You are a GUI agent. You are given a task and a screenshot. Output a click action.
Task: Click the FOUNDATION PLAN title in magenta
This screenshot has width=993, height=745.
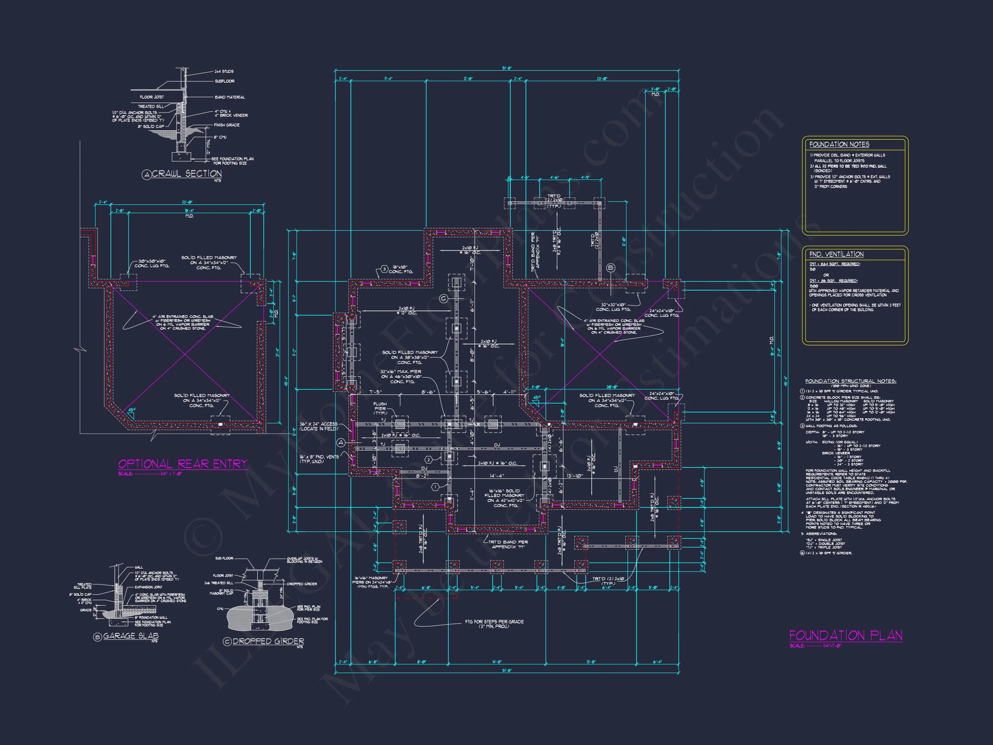(x=845, y=635)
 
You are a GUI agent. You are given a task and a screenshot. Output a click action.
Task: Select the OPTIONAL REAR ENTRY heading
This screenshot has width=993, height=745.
(x=183, y=464)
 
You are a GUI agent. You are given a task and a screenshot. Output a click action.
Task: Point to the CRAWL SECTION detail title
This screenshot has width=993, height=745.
(x=187, y=174)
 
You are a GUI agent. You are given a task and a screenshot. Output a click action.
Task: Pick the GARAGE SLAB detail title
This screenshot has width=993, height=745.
(x=131, y=636)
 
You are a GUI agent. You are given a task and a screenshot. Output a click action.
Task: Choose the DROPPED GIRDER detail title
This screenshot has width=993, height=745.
(x=268, y=641)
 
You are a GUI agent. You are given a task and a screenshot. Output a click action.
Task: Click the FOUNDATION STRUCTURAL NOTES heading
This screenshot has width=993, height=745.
(x=850, y=381)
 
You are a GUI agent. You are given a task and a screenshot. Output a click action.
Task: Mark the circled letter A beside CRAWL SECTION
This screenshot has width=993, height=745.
(x=147, y=175)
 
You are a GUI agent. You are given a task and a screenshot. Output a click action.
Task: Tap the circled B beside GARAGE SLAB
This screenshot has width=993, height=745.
(x=97, y=637)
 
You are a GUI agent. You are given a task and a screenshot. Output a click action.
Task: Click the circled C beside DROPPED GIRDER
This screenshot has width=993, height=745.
(x=227, y=642)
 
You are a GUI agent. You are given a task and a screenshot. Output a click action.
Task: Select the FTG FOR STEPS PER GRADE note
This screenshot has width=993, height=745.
(x=494, y=624)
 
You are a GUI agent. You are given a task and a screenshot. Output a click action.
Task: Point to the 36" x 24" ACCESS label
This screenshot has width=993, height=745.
(x=319, y=426)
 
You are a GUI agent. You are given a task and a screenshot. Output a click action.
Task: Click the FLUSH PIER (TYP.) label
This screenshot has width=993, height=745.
(x=380, y=408)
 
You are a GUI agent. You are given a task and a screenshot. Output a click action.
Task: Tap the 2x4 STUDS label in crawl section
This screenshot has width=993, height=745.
(x=224, y=72)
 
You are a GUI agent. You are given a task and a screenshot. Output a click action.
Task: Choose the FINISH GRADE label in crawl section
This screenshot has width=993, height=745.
(x=227, y=125)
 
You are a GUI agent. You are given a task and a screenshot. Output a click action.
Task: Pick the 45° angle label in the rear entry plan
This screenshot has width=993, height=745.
(x=131, y=410)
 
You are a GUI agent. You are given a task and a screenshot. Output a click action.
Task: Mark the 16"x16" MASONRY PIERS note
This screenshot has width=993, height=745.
(x=371, y=582)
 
